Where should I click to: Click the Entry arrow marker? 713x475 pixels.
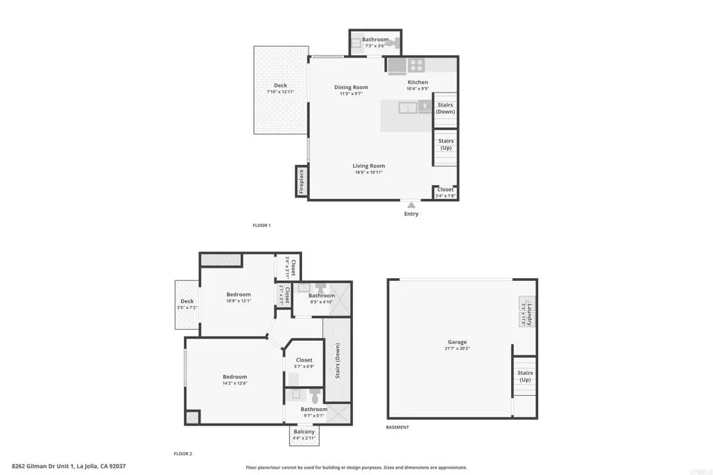coord(412,205)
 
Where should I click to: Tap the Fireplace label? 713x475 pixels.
coord(301,182)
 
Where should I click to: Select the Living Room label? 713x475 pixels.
coord(368,166)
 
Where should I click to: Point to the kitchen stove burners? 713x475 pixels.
coord(416,65)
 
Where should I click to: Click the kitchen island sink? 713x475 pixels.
coord(407,107)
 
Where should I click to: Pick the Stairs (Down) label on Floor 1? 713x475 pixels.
coord(445,108)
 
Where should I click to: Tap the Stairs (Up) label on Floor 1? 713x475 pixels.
coord(445,144)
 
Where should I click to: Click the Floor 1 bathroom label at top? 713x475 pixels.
coord(375,40)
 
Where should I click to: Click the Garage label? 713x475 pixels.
coord(457,342)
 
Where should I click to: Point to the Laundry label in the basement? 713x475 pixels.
coord(529,314)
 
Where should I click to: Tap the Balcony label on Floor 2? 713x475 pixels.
coord(304,431)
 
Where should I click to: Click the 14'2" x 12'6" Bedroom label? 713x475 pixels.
coord(235,377)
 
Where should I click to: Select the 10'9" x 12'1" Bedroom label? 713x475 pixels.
coord(238,295)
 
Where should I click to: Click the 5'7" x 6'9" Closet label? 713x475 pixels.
coord(304,360)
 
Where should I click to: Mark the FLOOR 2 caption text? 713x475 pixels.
coord(182,453)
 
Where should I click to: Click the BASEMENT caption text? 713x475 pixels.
coord(398,427)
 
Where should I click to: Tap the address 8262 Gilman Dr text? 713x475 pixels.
coord(68,466)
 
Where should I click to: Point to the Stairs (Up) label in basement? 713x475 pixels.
coord(524,376)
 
